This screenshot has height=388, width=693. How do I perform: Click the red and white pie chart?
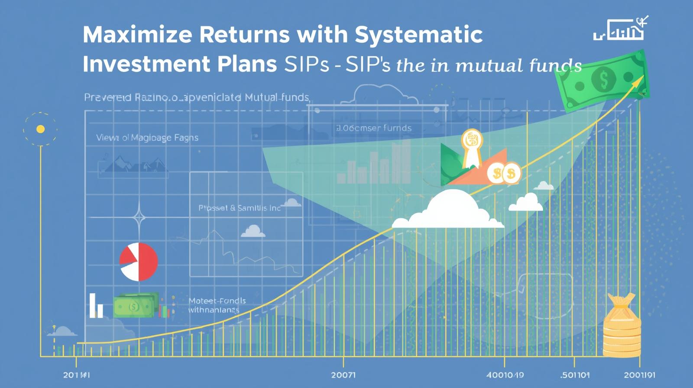coord(138,262)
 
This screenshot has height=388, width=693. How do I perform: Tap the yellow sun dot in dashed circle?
coord(41,129)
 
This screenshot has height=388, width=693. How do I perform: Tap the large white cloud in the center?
coord(449,211)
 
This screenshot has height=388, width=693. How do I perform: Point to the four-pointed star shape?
coord(139,218)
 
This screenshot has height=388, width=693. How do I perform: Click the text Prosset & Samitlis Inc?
coord(240,208)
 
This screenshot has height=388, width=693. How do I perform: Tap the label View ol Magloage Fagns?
coord(147,138)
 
